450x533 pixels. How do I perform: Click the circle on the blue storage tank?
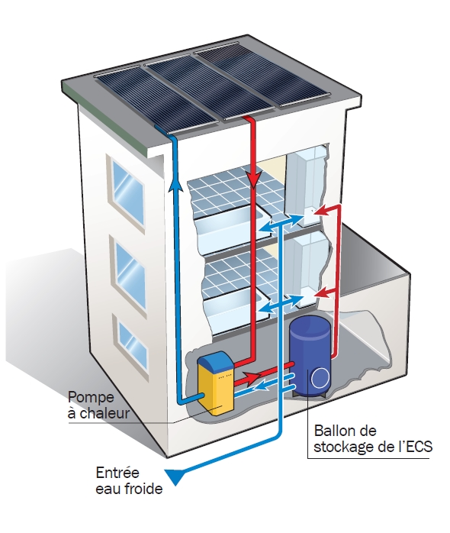click(x=320, y=377)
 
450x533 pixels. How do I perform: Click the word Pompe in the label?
click(x=91, y=397)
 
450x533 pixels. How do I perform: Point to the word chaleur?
click(x=104, y=413)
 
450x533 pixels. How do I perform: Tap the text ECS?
click(x=419, y=446)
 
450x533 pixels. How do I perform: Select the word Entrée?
click(x=117, y=473)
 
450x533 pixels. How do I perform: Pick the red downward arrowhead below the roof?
click(x=253, y=180)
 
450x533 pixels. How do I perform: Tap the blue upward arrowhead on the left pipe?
click(x=174, y=185)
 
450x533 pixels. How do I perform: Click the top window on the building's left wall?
click(x=127, y=192)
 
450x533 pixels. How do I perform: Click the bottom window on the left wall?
click(x=133, y=344)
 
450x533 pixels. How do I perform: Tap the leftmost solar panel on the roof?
click(x=157, y=102)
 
